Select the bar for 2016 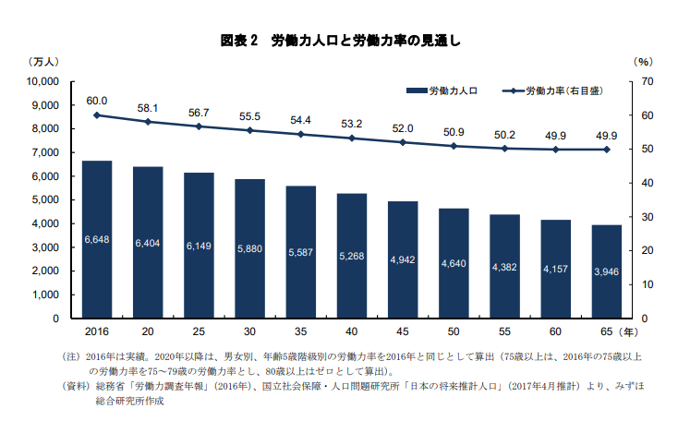pos(97,239)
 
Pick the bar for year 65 pos(606,271)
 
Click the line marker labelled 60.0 pos(97,115)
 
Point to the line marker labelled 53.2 pos(352,138)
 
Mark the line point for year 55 pos(504,149)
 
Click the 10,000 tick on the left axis pos(42,82)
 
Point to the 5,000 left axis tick pos(45,200)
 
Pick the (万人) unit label pos(43,61)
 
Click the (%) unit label pos(644,61)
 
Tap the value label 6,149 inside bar pos(199,246)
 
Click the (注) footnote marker pos(71,355)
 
